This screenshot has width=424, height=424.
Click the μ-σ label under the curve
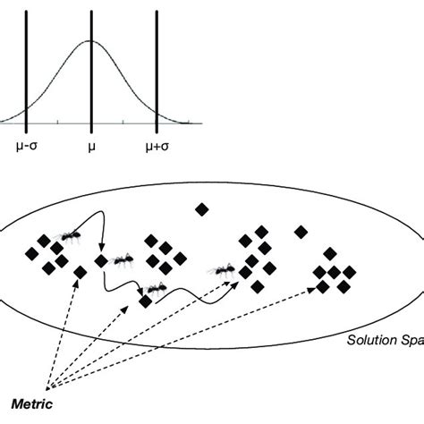tap(26, 142)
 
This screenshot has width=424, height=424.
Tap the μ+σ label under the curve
tap(157, 142)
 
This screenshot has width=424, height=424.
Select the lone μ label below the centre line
tap(91, 142)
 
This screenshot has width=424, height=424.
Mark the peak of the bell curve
tap(91, 40)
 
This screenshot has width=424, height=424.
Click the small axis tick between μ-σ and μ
tap(58, 121)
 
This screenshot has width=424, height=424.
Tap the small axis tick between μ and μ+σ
tap(124, 121)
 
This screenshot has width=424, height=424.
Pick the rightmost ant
tap(223, 268)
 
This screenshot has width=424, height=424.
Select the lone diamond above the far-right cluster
tap(301, 232)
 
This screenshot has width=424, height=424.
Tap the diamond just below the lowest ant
tap(145, 303)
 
